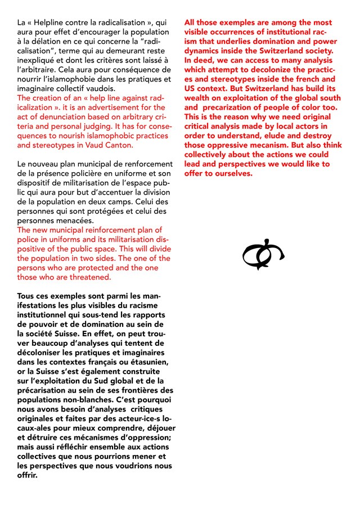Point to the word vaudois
(98, 89)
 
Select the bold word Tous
(28, 296)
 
